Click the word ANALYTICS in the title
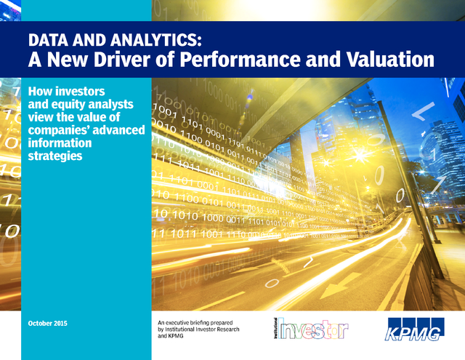155,40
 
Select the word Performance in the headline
240,59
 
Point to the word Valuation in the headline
390,59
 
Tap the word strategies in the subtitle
55,156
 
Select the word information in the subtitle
60,143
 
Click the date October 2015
48,323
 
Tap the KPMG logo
415,329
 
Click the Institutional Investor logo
311,328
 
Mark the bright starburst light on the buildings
360,155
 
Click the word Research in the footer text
227,329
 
